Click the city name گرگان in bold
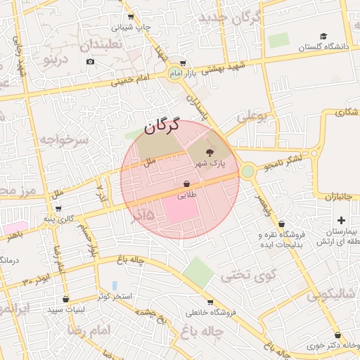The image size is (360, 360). [x=164, y=127]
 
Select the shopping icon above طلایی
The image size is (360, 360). [x=186, y=184]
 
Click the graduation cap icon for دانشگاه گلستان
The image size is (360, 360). [x=323, y=37]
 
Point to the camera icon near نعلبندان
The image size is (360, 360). [x=90, y=62]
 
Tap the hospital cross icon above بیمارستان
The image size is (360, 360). [x=342, y=220]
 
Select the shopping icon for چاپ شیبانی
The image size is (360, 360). [x=130, y=18]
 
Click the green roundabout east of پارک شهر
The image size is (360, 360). [x=247, y=171]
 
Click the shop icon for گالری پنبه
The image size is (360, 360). [x=58, y=209]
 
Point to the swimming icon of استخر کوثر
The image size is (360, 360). [x=115, y=286]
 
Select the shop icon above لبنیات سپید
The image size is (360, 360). [x=65, y=299]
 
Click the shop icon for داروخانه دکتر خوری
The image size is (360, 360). [x=338, y=335]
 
